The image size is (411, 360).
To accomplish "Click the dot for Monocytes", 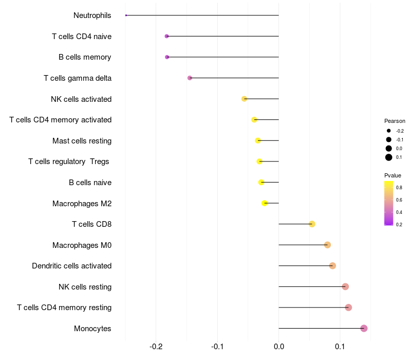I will (364, 328).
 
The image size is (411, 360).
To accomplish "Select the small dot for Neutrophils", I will (126, 15).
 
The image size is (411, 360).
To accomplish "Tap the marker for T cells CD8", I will (312, 224).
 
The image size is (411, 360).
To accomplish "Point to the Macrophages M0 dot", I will (327, 245).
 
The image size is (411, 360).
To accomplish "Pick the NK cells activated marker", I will (244, 99).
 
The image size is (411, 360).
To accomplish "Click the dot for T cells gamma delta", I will (190, 78).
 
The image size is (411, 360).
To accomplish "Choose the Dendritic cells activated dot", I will (332, 266).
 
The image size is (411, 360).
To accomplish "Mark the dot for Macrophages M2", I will (265, 203).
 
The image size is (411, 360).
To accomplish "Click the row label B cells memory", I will (85, 57).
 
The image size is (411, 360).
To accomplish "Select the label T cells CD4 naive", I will (82, 37).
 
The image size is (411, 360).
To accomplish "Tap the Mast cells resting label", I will (82, 141).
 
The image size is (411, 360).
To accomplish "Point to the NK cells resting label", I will (85, 287).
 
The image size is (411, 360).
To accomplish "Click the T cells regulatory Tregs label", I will (69, 161).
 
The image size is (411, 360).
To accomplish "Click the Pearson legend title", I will (395, 121).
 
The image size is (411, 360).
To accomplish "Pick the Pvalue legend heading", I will (393, 175).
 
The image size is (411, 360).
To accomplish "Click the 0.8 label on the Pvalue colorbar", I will (399, 188).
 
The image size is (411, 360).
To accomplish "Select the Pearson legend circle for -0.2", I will (389, 131).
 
